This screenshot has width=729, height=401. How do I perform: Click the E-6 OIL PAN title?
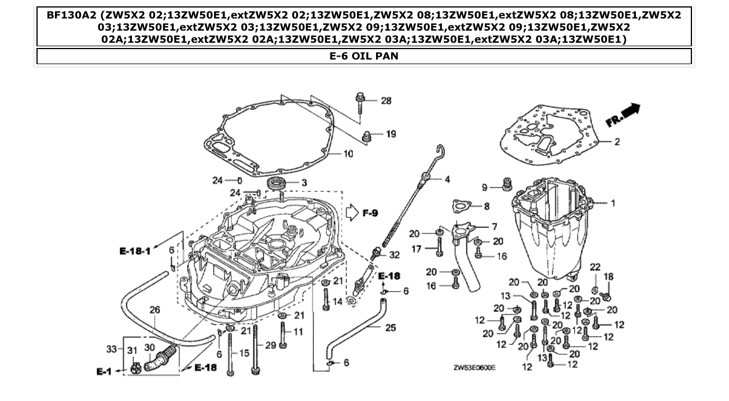(364, 56)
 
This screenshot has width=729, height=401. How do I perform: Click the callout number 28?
(386, 101)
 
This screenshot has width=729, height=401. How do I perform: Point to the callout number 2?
(617, 141)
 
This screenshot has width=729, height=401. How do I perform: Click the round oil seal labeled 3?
(278, 184)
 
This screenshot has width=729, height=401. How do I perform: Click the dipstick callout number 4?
(447, 180)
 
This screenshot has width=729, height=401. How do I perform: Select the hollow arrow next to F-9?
(352, 213)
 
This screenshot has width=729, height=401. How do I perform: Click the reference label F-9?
(370, 213)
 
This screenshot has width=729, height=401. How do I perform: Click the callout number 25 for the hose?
(391, 328)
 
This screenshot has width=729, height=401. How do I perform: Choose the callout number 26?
(154, 310)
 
